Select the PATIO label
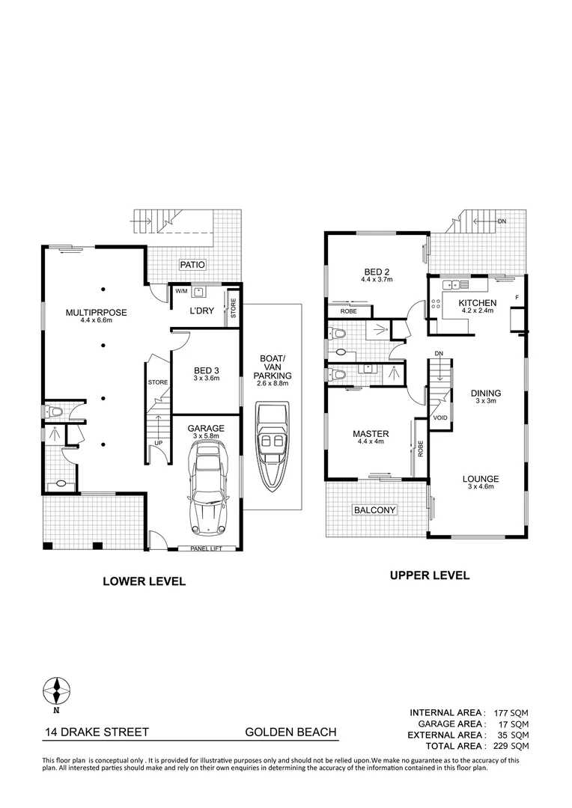pyautogui.click(x=192, y=265)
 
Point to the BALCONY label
pyautogui.click(x=374, y=509)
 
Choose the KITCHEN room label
pyautogui.click(x=477, y=302)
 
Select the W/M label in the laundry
pyautogui.click(x=181, y=290)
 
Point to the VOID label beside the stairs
pyautogui.click(x=440, y=418)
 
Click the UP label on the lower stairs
pyautogui.click(x=158, y=443)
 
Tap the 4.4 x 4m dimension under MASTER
pyautogui.click(x=371, y=442)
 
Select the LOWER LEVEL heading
pyautogui.click(x=144, y=581)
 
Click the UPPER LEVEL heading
pyautogui.click(x=429, y=575)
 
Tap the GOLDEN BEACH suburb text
pyautogui.click(x=290, y=732)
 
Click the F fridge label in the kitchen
pyautogui.click(x=516, y=297)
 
